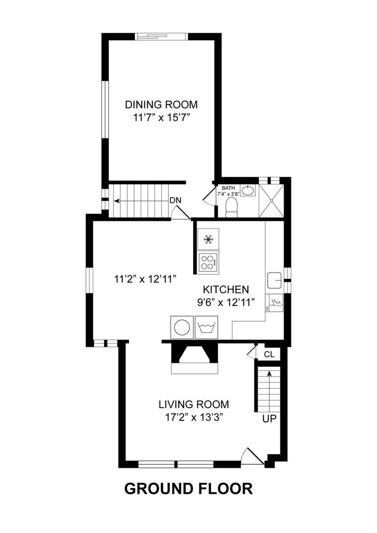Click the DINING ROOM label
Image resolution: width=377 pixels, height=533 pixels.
click(161, 104)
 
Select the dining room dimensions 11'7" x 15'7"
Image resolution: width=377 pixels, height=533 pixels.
click(161, 117)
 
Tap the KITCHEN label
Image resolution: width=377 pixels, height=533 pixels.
click(226, 289)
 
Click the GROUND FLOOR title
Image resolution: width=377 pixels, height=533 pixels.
click(188, 489)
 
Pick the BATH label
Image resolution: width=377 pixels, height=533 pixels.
click(228, 188)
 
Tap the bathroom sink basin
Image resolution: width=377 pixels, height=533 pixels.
click(248, 190)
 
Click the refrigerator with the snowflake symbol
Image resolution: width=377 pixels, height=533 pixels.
click(209, 240)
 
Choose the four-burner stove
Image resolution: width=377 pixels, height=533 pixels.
click(209, 262)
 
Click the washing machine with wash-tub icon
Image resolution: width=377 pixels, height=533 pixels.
click(206, 327)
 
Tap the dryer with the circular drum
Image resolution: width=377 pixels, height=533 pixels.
click(182, 327)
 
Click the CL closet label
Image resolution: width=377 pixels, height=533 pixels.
click(269, 354)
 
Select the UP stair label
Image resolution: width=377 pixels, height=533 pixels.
click(269, 419)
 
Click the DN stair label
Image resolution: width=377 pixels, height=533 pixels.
click(176, 200)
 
